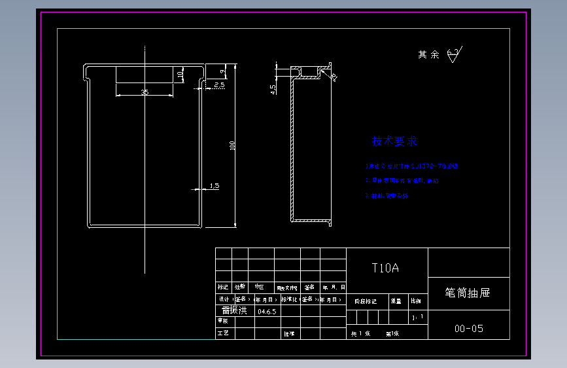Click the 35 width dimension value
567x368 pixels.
tap(145, 92)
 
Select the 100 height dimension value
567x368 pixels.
tap(231, 145)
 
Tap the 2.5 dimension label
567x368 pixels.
tap(219, 85)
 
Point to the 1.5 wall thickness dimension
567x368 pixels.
tap(214, 186)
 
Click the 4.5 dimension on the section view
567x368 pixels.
tap(273, 90)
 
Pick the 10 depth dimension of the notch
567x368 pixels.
tap(180, 75)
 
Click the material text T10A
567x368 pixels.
tap(385, 268)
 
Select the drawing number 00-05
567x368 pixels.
tap(469, 329)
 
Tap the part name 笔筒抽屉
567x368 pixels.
tap(468, 293)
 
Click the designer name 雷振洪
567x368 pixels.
tap(234, 310)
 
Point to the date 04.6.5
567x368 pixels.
tap(267, 312)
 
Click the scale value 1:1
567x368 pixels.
tap(419, 318)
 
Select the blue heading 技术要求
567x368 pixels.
tap(394, 141)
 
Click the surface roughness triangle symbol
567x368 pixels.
tap(455, 57)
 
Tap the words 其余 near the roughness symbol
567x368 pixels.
tap(429, 55)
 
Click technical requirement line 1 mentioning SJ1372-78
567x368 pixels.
tap(412, 166)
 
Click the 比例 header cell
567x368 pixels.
tap(416, 301)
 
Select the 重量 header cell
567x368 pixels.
tap(397, 301)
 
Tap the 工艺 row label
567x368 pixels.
tap(223, 333)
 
